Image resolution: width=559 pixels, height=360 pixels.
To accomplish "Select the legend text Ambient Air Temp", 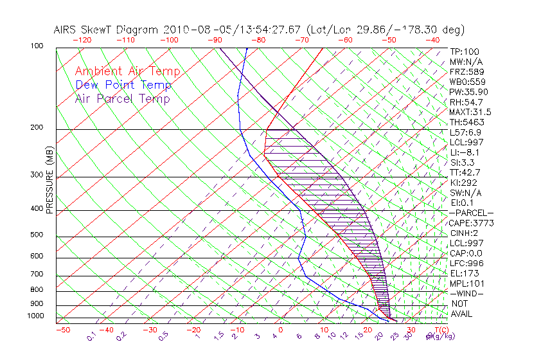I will [127, 71].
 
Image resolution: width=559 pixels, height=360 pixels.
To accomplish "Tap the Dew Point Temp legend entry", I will [123, 85].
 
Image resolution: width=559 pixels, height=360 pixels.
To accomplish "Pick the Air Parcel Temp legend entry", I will [122, 98].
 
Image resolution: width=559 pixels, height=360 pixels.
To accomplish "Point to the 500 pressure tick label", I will [37, 235].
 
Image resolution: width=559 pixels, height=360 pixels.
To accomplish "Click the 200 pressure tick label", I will [37, 128].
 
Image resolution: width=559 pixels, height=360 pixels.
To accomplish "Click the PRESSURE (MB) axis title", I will [49, 183].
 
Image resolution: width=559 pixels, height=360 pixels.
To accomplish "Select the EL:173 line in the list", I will [464, 273].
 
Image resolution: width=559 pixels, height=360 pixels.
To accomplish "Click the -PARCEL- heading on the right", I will [471, 213].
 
